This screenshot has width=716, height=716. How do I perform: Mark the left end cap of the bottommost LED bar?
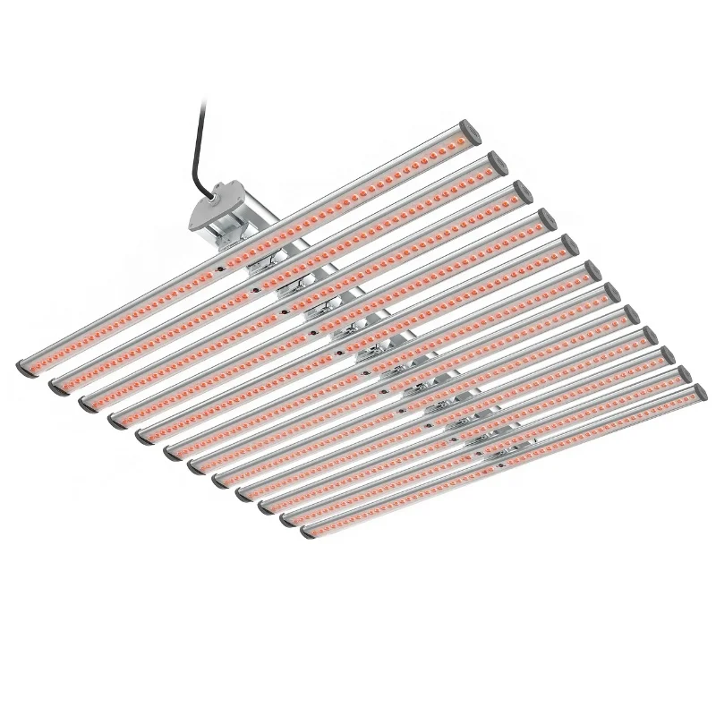(309, 531)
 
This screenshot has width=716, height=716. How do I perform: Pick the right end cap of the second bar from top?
(496, 162)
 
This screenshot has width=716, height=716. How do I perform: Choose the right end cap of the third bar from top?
(520, 190)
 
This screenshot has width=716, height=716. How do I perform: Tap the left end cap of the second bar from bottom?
(288, 520)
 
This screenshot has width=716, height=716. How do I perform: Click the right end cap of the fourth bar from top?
(543, 217)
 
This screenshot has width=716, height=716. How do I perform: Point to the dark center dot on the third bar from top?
(286, 311)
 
